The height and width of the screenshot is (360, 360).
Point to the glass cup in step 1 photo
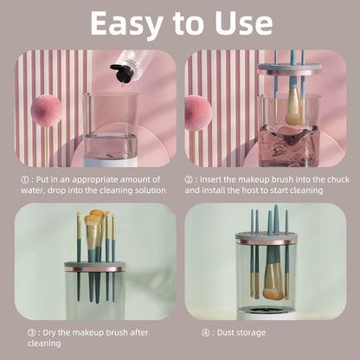coord(111,127)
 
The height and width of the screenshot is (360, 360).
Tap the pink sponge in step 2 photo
coord(197,112)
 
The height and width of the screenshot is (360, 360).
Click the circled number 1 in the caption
coord(24,179)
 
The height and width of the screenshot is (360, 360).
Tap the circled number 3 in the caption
coord(31,332)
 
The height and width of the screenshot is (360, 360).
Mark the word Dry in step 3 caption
coord(52,332)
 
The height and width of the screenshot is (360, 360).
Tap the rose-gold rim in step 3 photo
coord(95,269)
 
